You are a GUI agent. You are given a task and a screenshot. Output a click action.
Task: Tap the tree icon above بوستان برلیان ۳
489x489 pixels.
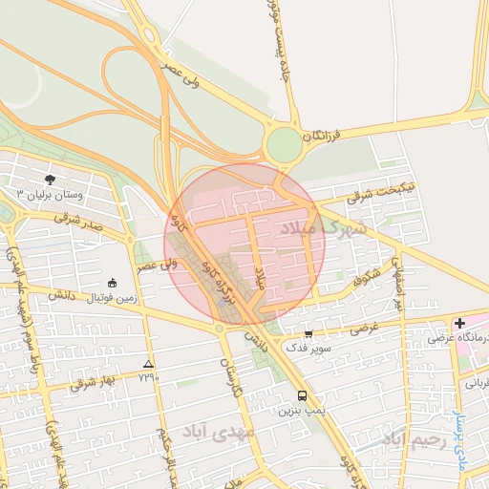tap(50, 179)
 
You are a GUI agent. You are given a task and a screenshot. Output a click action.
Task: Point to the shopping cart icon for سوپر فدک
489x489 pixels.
tap(308, 334)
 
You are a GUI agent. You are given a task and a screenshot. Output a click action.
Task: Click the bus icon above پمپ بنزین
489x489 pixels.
tap(303, 395)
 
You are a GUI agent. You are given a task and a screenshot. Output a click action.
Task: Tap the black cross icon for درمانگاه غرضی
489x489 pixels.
tap(459, 324)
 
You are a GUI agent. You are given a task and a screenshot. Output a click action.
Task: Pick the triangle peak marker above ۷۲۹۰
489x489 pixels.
tap(147, 364)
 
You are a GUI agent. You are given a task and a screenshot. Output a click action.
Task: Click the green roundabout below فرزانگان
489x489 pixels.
tap(284, 146)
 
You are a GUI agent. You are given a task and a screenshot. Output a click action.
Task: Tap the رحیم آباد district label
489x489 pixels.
tap(414, 438)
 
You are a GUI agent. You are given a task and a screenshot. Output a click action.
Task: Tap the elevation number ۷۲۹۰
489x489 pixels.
tap(148, 377)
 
